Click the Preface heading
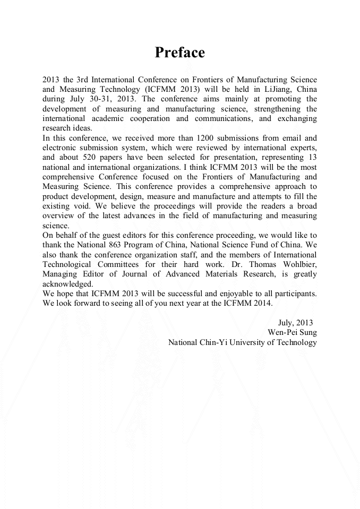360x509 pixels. [x=179, y=53]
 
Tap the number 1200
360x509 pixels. [x=204, y=138]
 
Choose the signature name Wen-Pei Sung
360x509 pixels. [x=292, y=332]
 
